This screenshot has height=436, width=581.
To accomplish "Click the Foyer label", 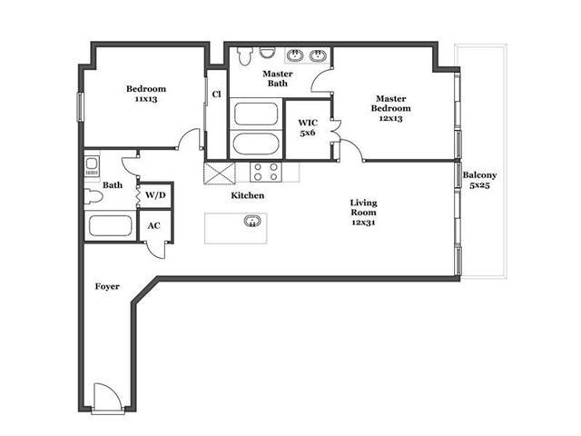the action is click(x=107, y=286).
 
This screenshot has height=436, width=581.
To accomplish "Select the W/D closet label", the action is click(x=155, y=195).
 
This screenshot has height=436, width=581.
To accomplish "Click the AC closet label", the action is click(x=153, y=225).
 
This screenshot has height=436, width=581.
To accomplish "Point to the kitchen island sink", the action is click(x=252, y=221).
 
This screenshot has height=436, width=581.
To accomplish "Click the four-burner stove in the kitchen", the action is click(x=266, y=172).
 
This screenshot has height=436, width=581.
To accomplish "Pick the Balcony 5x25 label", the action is click(x=479, y=180).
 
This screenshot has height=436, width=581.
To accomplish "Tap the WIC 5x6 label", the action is click(x=308, y=127).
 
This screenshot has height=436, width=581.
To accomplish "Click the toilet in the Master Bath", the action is click(x=245, y=55).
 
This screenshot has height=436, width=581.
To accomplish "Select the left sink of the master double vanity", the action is click(x=295, y=55).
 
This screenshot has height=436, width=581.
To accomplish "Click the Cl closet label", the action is click(x=216, y=94).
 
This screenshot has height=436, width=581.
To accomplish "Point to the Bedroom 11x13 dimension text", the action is click(x=146, y=99).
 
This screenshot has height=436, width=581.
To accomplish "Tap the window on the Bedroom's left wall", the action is click(x=80, y=107).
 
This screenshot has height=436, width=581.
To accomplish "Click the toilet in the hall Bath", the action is click(x=93, y=196).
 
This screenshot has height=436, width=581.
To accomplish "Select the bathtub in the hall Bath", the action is click(x=111, y=225).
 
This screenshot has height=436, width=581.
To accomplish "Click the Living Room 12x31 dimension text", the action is click(x=363, y=223).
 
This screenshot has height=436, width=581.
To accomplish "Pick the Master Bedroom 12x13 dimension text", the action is click(x=391, y=118).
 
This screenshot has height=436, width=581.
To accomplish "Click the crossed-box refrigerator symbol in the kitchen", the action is click(x=220, y=173).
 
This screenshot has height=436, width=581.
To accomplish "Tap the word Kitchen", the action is click(x=248, y=195).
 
